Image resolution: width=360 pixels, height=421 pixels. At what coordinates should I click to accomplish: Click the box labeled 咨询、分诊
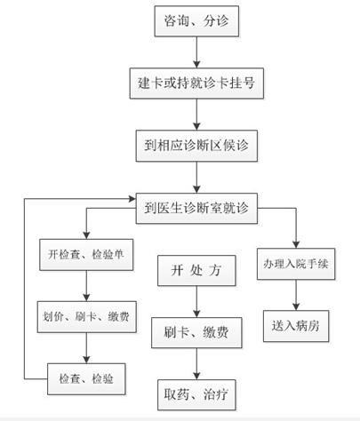tap(196, 21)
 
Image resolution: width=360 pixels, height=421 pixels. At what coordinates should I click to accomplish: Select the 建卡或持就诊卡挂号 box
tap(196, 83)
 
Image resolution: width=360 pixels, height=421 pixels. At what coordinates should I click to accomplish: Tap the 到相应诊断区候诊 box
tap(196, 146)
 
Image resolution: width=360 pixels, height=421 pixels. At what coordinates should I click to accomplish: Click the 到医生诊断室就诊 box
tap(196, 208)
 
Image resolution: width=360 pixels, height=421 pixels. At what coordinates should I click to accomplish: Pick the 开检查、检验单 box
tap(86, 255)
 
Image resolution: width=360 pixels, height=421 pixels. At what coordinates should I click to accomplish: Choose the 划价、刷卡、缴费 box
tap(86, 317)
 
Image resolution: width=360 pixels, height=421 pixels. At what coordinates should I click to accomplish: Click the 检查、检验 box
tap(86, 379)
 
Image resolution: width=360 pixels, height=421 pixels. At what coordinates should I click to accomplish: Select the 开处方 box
tap(196, 270)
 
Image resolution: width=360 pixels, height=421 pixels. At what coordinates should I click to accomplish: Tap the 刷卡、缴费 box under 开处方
tap(196, 332)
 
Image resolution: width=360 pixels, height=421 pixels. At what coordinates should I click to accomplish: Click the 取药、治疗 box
tap(196, 394)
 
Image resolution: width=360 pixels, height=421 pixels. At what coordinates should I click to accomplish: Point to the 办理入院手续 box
tap(296, 264)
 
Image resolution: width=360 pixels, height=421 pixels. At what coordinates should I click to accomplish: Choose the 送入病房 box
tap(296, 326)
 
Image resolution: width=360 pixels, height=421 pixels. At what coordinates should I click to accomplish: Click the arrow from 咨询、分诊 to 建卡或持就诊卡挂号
tap(196, 52)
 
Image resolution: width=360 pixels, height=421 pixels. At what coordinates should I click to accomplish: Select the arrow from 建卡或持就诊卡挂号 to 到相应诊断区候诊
tap(196, 115)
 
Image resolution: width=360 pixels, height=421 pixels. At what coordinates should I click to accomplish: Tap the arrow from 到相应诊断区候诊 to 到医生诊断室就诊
tap(196, 178)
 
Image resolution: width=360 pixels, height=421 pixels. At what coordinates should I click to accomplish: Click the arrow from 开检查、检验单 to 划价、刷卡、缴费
tap(86, 286)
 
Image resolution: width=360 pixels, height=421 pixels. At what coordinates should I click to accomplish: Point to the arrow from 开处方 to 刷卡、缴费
tap(196, 302)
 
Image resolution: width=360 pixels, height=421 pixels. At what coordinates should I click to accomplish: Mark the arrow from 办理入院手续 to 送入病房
tap(296, 295)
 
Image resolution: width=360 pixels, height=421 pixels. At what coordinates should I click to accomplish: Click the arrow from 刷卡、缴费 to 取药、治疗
tap(196, 364)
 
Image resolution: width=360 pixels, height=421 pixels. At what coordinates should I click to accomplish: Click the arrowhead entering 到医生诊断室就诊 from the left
tap(132, 199)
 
